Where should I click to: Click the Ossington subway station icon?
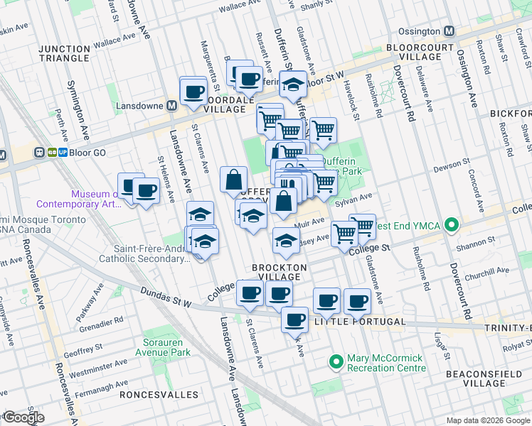click(x=449, y=32)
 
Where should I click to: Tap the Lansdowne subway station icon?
click(x=171, y=106)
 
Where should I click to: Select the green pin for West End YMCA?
click(x=451, y=226)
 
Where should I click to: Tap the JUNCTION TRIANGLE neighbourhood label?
click(x=64, y=54)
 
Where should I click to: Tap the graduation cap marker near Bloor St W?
click(x=292, y=84)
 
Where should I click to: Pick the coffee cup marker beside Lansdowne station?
click(x=193, y=90)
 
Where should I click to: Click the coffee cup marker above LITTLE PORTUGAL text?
click(x=294, y=320)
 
